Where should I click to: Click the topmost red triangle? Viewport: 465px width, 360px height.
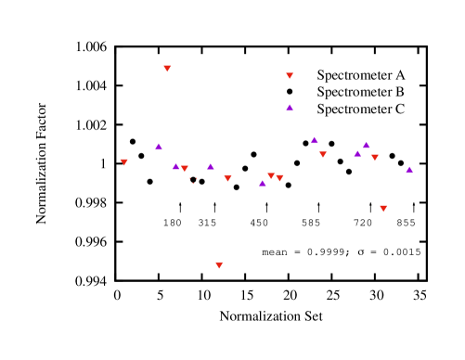pyautogui.click(x=167, y=68)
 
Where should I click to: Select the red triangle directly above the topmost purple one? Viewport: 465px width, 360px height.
pyautogui.click(x=290, y=75)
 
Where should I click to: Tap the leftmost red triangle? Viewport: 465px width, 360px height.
pyautogui.click(x=123, y=161)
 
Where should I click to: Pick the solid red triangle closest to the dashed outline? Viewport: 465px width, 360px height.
pyautogui.click(x=185, y=168)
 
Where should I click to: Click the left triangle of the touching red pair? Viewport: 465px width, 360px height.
pyautogui.click(x=271, y=175)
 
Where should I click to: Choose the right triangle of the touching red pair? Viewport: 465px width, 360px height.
pyautogui.click(x=279, y=177)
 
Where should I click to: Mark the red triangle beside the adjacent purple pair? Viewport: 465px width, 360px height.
pyautogui.click(x=375, y=157)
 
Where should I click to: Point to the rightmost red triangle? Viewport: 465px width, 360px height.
pyautogui.click(x=383, y=208)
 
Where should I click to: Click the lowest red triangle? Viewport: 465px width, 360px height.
pyautogui.click(x=219, y=264)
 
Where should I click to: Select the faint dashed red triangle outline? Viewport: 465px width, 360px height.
pyautogui.click(x=193, y=180)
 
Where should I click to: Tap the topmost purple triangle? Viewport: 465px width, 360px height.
pyautogui.click(x=290, y=108)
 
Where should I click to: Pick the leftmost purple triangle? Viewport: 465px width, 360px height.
pyautogui.click(x=159, y=147)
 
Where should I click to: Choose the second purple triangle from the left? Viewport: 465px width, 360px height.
pyautogui.click(x=175, y=167)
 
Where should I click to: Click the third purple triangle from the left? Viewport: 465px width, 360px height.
pyautogui.click(x=211, y=167)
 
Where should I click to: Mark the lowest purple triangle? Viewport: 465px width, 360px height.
pyautogui.click(x=263, y=184)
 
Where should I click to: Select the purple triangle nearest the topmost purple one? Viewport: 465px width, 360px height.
pyautogui.click(x=315, y=141)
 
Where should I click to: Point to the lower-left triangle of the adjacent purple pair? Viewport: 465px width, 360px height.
pyautogui.click(x=357, y=154)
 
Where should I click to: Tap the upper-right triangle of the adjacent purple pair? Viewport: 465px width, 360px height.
pyautogui.click(x=367, y=146)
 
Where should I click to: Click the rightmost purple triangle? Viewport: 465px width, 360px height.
pyautogui.click(x=409, y=171)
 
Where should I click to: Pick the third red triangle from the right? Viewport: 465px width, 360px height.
pyautogui.click(x=323, y=154)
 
